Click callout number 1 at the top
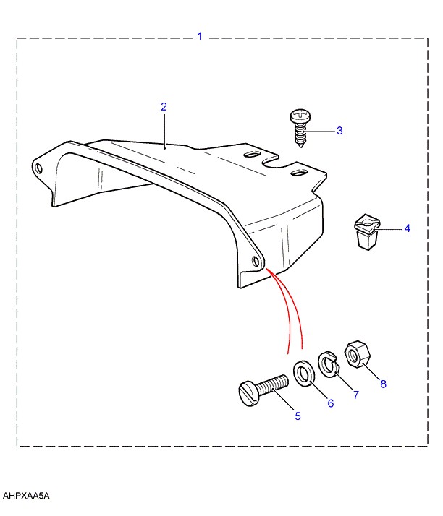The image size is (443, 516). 200,35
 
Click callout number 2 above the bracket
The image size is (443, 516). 164,107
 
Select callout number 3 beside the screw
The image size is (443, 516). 339,131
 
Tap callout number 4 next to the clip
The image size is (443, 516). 407,228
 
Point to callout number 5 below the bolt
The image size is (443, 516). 298,416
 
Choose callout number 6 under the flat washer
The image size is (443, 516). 330,403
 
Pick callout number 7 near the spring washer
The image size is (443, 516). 355,395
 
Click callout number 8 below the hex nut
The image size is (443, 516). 383,384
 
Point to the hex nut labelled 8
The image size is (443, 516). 357,354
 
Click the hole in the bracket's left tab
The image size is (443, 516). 39,169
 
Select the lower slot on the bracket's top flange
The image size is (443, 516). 297,172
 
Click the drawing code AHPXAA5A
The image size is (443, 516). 27,496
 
